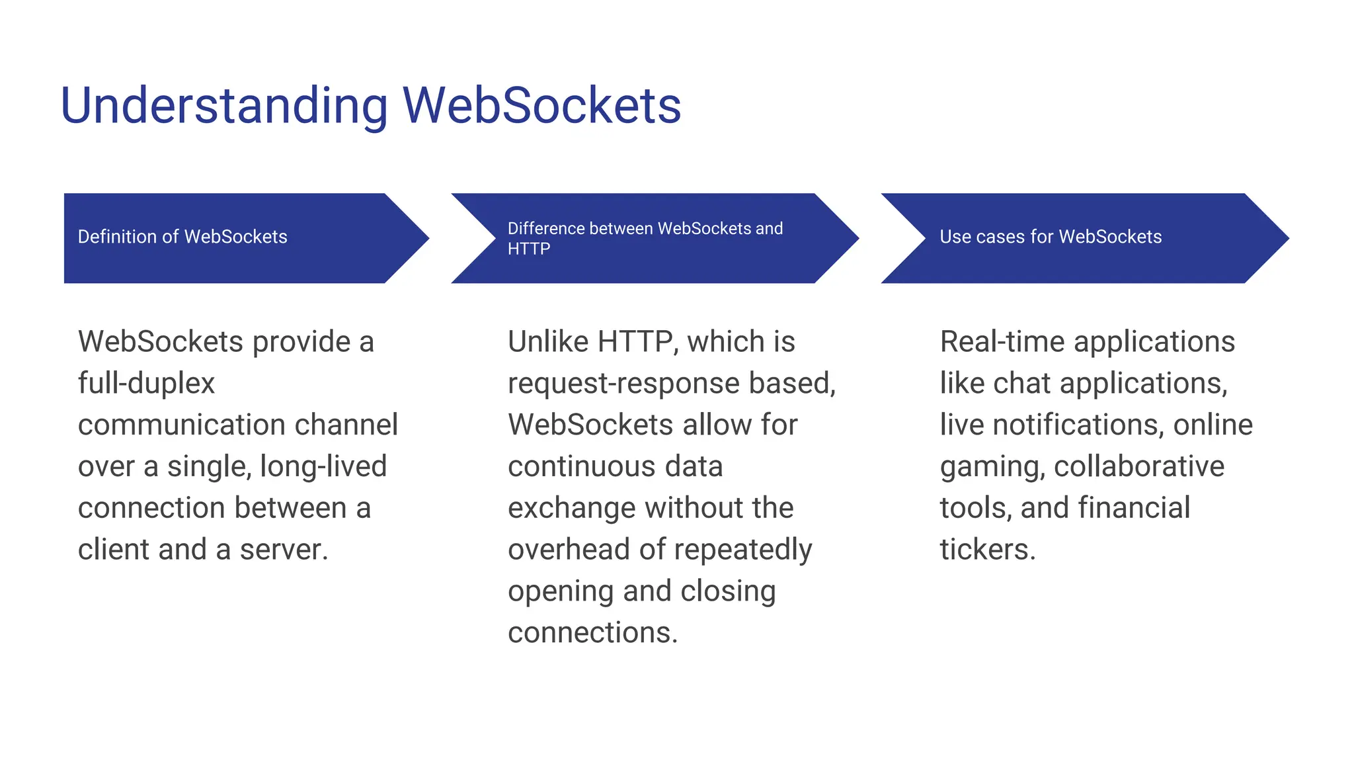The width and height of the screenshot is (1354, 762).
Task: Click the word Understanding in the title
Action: coord(223,106)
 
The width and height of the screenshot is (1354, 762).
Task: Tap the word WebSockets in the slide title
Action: coord(541,106)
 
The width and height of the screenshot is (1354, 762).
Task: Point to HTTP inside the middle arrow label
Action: coord(529,249)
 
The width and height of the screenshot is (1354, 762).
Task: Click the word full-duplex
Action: coord(146,384)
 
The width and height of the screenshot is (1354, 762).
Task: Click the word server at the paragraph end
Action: coord(283,550)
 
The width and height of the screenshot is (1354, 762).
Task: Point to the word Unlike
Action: coord(548,342)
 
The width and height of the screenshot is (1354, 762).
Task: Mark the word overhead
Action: coord(568,550)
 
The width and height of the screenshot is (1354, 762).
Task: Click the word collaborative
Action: coord(1138,466)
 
